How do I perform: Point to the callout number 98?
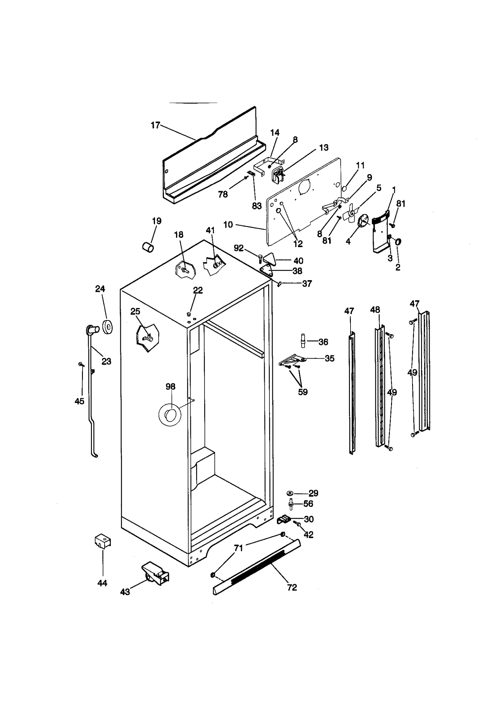point(170,387)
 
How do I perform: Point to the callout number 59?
point(303,392)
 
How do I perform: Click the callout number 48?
point(375,310)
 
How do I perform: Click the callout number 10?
point(228,225)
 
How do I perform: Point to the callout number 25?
point(135,311)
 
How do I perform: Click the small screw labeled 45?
point(81,365)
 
